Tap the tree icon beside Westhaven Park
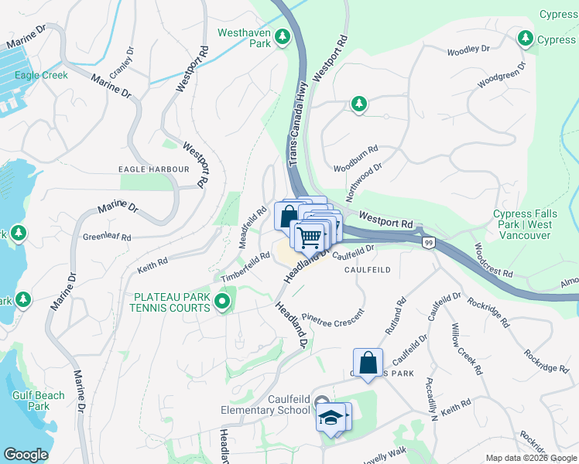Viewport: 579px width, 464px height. click(283, 36)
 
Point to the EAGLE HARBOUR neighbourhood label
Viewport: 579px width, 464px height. click(153, 169)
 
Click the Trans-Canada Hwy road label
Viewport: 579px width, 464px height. click(299, 124)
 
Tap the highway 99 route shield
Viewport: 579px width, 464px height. click(428, 243)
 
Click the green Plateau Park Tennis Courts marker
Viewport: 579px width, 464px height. click(223, 302)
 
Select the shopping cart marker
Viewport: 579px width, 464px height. click(310, 237)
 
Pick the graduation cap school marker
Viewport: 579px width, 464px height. click(330, 417)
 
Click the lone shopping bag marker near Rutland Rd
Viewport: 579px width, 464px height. click(368, 362)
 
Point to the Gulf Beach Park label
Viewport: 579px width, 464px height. click(39, 401)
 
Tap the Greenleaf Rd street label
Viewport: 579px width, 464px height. click(107, 237)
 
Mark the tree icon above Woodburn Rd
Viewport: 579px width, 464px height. click(358, 104)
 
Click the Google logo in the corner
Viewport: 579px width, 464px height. click(26, 455)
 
